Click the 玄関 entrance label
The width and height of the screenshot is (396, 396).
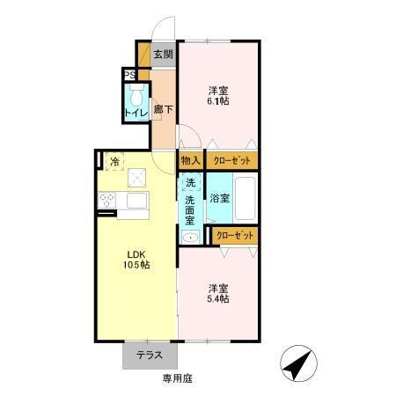pyautogui.click(x=163, y=54)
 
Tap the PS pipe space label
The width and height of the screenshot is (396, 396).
pyautogui.click(x=128, y=75)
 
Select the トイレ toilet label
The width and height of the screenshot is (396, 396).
pyautogui.click(x=135, y=113)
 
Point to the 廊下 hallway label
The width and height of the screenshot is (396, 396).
pyautogui.click(x=163, y=111)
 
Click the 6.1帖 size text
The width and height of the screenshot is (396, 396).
pyautogui.click(x=219, y=102)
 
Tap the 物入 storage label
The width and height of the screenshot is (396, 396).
pyautogui.click(x=190, y=161)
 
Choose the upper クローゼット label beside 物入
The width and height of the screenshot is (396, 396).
pyautogui.click(x=232, y=161)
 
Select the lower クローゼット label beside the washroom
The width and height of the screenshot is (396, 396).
pyautogui.click(x=236, y=235)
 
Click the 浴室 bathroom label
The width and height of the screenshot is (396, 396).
pyautogui.click(x=219, y=199)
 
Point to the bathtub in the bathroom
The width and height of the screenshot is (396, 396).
pyautogui.click(x=246, y=198)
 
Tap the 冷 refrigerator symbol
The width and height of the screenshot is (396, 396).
pyautogui.click(x=114, y=161)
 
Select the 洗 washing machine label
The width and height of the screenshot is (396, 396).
pyautogui.click(x=190, y=183)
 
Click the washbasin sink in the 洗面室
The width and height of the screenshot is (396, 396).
pyautogui.click(x=189, y=237)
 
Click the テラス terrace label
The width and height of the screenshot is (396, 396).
pyautogui.click(x=150, y=356)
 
